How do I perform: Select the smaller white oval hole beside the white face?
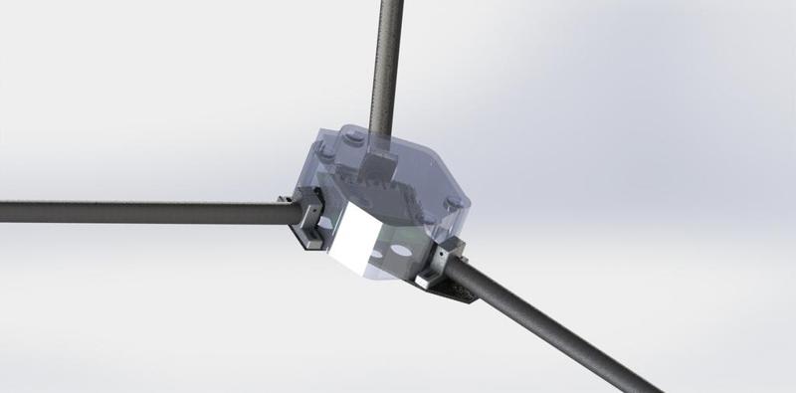[x=376, y=254]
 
